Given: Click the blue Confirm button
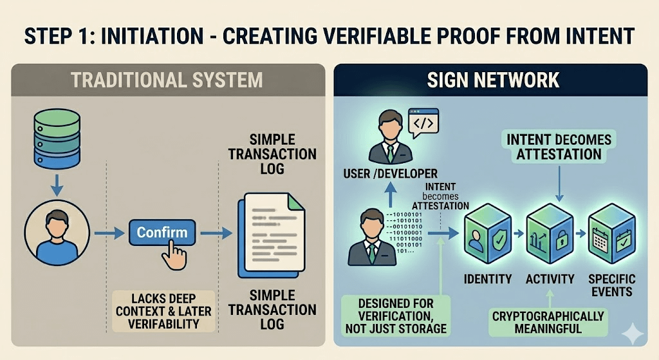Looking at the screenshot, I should tap(162, 232).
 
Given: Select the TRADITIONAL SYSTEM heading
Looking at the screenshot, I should tap(167, 80).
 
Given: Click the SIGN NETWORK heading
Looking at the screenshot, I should tap(492, 80).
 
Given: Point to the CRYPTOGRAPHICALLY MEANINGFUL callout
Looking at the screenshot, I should tap(548, 322).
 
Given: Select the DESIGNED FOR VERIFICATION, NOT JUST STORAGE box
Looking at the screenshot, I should tap(396, 316).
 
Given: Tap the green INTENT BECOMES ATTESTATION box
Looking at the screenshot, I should tap(553, 147).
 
